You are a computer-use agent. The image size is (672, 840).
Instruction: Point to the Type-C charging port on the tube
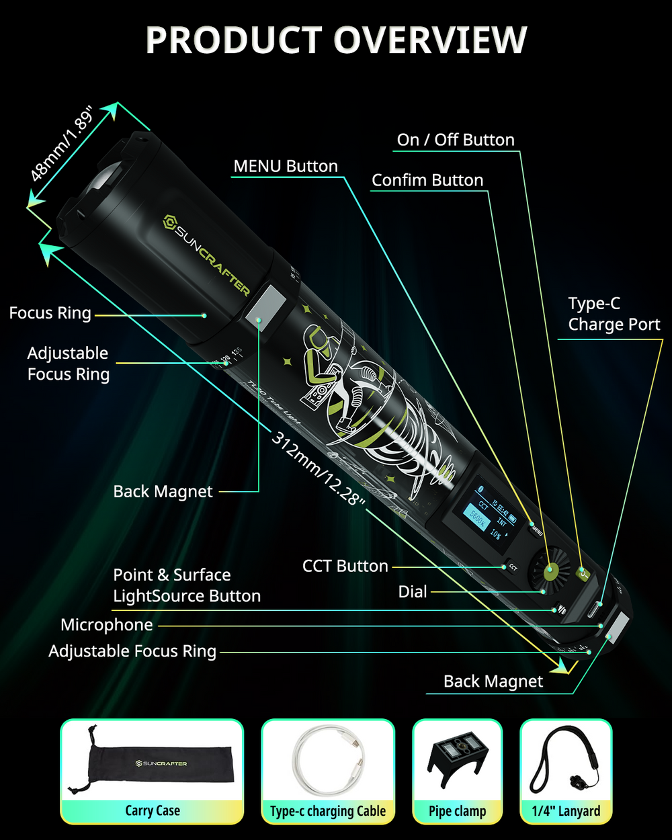click(594, 608)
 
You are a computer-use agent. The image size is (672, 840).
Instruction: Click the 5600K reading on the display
click(476, 519)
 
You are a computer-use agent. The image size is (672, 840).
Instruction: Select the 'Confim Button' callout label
click(427, 180)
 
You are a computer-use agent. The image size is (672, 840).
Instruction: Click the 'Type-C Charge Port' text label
click(614, 314)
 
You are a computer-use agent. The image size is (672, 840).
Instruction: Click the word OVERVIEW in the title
click(430, 40)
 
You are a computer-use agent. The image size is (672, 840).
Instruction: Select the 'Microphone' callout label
click(107, 625)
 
